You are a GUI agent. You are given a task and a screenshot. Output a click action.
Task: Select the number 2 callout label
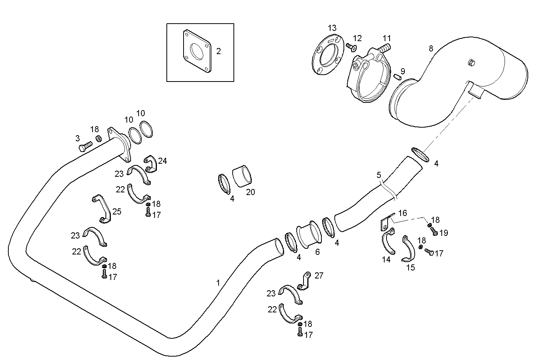click(219, 51)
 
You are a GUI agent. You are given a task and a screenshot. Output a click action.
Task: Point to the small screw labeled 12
click(350, 47)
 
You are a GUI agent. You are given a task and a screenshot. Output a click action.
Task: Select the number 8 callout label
click(431, 48)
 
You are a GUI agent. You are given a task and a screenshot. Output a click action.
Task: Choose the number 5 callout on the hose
click(379, 175)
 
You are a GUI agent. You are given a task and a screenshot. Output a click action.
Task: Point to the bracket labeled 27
click(305, 281)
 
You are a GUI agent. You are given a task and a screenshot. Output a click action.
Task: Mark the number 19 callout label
click(444, 233)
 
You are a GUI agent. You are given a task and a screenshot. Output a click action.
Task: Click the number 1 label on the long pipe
click(218, 283)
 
